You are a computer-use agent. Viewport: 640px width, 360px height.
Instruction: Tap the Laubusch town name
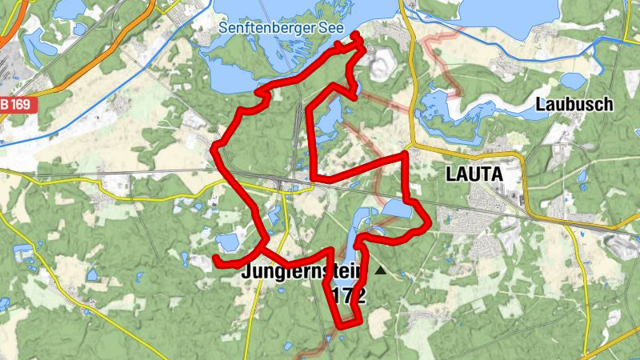574,104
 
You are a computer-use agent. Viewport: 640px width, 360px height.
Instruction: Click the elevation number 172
350,295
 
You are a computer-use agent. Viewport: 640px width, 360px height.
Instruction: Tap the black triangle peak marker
380,272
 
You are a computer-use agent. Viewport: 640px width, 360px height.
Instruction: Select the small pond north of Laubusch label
572,81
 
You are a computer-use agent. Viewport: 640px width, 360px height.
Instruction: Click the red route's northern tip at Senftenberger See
357,35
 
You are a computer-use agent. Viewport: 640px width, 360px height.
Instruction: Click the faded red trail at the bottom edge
308,352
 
